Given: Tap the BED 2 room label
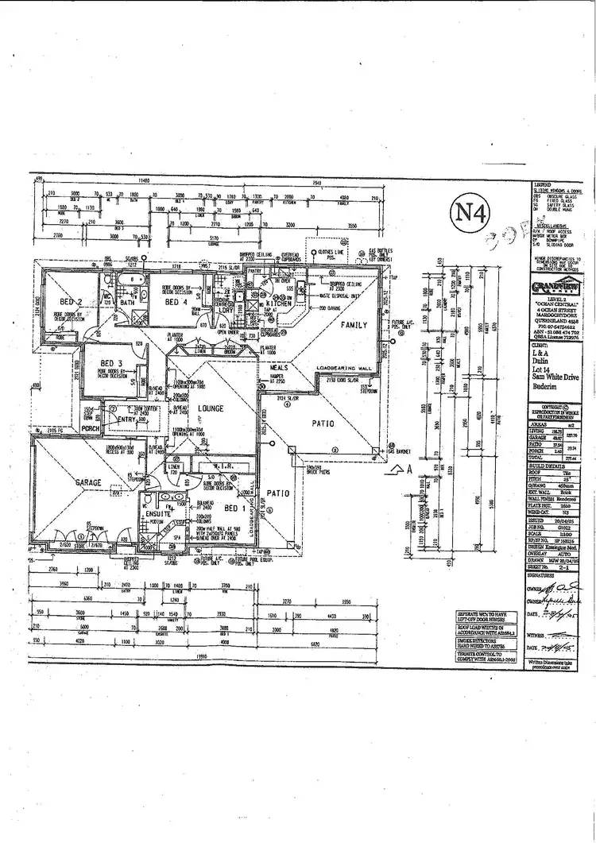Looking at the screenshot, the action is point(72,302).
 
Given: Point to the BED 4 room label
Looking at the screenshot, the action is point(176,303).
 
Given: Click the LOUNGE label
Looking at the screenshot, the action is point(210,408).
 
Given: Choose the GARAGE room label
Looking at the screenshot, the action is point(88,482).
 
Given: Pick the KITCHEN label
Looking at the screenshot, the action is point(281,304).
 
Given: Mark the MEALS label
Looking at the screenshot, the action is point(279,367).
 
